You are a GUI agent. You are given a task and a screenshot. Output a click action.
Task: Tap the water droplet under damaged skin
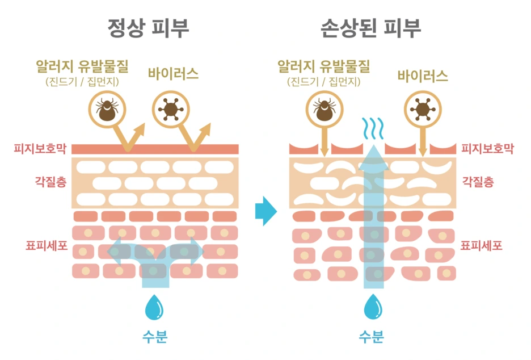(x=373, y=308)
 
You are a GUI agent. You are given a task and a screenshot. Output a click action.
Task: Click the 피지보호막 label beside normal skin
(x=40, y=149)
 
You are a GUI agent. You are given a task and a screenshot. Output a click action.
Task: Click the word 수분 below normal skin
(x=154, y=337)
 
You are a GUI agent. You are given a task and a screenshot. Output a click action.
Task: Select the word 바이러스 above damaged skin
(x=423, y=76)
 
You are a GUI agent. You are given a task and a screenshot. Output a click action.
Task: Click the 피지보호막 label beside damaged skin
(x=487, y=149)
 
